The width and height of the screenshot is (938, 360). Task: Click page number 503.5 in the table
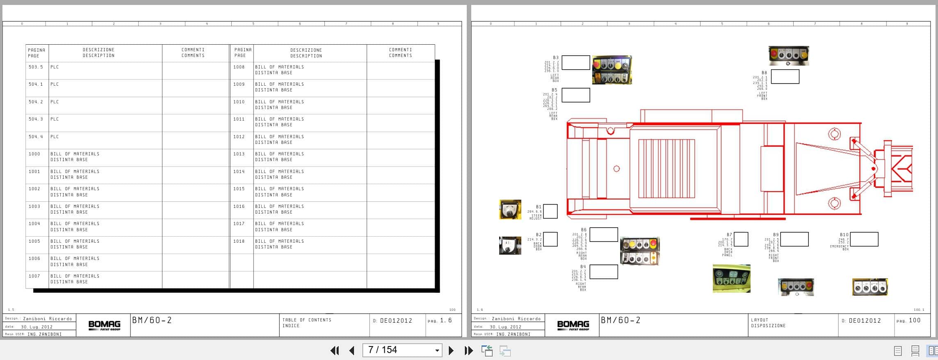(36, 67)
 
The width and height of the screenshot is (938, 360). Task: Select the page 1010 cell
(239, 102)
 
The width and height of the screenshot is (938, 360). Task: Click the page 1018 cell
(239, 241)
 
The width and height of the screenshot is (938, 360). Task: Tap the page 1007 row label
(34, 276)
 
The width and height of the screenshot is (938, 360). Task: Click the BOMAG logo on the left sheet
(104, 326)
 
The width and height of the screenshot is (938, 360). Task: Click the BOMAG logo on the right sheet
(573, 326)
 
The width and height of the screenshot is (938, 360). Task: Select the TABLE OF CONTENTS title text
(306, 320)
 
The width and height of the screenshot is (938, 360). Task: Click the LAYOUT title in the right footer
(760, 320)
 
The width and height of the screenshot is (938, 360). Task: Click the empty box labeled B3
(575, 63)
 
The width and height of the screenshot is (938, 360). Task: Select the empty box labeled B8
(785, 77)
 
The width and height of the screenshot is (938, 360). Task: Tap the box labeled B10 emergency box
(864, 239)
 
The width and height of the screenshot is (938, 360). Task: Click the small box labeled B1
(550, 211)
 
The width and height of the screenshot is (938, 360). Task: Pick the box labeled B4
(604, 272)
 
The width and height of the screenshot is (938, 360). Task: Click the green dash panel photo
(731, 278)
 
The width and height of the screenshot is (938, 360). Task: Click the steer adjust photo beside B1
(510, 210)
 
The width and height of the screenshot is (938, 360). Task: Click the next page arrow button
(451, 351)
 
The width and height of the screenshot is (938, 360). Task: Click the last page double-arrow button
(468, 351)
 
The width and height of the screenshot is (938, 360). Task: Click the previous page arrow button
(352, 351)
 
